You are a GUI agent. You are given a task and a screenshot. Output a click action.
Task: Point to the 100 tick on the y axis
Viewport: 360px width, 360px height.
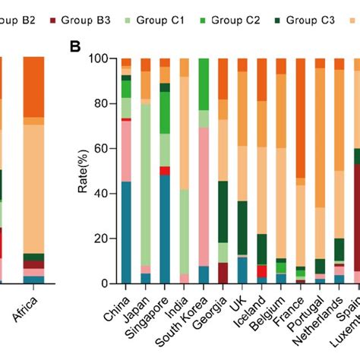click(x=103, y=58)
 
